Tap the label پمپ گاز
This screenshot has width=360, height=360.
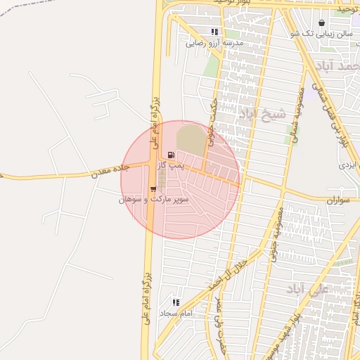coord(171,165)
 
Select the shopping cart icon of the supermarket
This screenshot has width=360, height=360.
coord(153,188)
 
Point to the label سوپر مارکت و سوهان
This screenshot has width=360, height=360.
coord(153,200)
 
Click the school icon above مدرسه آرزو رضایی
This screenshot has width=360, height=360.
coord(214,32)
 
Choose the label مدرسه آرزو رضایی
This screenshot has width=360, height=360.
coord(214,43)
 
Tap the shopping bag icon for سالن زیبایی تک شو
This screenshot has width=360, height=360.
coord(321,22)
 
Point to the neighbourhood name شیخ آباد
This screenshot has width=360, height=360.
coord(262,113)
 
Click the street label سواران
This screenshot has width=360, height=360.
coord(337,200)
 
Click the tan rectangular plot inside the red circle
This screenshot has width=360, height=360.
coord(191,139)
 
